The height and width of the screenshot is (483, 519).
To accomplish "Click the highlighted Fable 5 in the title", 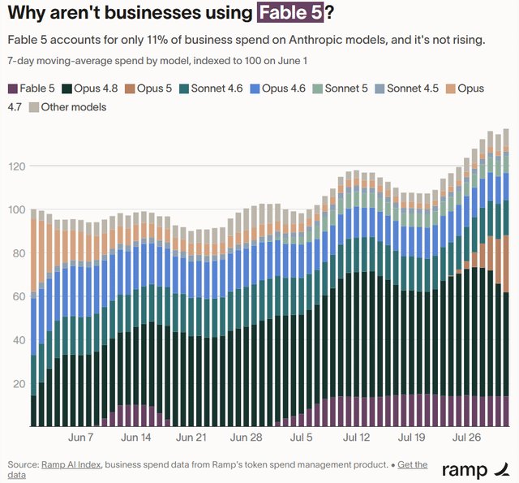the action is (290, 13).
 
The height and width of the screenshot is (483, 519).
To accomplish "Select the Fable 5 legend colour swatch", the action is (13, 88).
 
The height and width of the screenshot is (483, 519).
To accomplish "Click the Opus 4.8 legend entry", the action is (90, 88).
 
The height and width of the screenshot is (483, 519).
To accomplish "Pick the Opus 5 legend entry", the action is (148, 88).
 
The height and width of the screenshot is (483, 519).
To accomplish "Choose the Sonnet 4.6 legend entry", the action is (211, 88).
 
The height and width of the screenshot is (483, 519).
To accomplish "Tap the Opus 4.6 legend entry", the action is (278, 88).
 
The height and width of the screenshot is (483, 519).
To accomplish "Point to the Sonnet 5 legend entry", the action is (341, 88).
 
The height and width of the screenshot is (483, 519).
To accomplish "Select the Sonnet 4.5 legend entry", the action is (407, 88).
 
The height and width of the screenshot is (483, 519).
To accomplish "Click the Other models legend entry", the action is (68, 107).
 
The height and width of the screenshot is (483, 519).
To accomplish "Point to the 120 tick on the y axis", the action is (17, 166).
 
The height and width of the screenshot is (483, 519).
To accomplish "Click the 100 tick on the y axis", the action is (17, 209).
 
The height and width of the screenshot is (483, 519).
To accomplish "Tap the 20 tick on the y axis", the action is (19, 384).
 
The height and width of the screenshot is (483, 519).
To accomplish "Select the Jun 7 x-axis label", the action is (81, 438).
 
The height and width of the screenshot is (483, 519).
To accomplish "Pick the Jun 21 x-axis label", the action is (191, 438).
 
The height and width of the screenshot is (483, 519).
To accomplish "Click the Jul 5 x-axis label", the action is (301, 438).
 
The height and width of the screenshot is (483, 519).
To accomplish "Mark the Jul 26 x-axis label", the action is (466, 438).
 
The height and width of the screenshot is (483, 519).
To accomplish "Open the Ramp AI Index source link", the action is (71, 465).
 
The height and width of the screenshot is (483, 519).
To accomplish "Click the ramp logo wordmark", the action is (465, 470).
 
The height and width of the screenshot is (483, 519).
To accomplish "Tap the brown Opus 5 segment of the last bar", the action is (506, 264).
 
